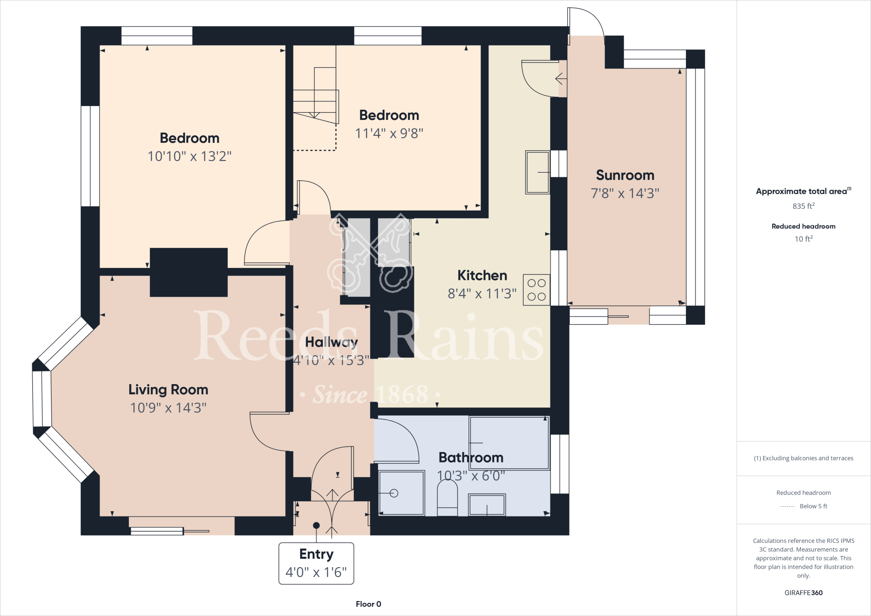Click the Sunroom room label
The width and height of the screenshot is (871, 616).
tap(625, 175)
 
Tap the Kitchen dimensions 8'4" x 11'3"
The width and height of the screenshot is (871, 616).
tap(482, 294)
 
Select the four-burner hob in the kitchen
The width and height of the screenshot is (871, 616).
tap(536, 290)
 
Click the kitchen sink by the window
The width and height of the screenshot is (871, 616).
tap(537, 172)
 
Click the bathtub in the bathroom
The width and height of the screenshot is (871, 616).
tap(509, 443)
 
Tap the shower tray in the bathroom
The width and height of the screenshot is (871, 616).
tap(401, 493)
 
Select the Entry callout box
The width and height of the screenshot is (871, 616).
tap(316, 563)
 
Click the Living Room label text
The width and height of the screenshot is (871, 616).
tap(168, 390)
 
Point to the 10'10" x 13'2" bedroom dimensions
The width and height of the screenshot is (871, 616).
tap(189, 156)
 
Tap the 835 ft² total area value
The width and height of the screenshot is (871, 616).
tap(803, 206)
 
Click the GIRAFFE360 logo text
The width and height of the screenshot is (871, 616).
tap(803, 593)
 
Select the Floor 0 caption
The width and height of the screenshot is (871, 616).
tap(368, 604)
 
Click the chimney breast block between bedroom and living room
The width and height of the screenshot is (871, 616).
tap(188, 272)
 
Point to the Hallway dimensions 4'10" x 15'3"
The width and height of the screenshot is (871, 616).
tap(331, 361)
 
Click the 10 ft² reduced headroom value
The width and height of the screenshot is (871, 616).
tap(803, 239)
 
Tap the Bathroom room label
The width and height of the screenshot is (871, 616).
tap(471, 457)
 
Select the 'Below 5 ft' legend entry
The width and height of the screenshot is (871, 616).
tap(813, 506)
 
